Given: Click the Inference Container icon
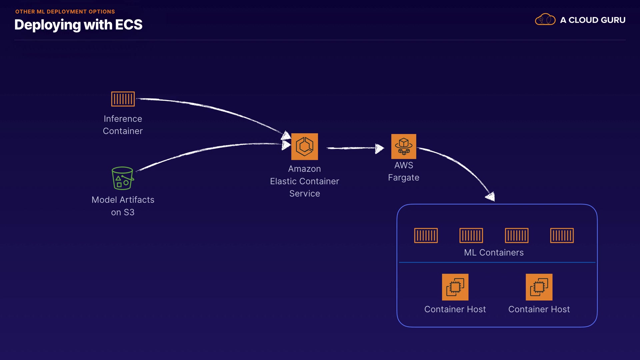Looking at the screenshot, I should point(123,99).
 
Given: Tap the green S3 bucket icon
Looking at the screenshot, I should point(123,178).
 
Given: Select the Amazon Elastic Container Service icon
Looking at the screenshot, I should point(304,147).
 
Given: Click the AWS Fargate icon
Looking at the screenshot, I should point(403,146).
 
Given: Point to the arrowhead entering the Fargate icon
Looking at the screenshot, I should point(379,148).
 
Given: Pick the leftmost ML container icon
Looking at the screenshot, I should point(426,236).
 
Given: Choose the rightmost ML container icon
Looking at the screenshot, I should point(562,236).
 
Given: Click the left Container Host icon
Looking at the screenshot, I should point(455,287).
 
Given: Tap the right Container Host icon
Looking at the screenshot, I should point(539,287).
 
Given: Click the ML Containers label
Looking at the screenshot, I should point(494,253).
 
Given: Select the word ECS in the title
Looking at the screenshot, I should point(129,25).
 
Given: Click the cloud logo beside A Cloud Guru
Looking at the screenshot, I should point(545,20).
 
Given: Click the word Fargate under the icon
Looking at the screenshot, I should point(403,178).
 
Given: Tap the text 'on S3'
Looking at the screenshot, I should point(123,212).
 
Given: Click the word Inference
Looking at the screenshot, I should point(123,119).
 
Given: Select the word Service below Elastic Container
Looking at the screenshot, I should point(304,194).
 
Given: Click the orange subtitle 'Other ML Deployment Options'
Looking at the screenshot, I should point(65,12).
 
